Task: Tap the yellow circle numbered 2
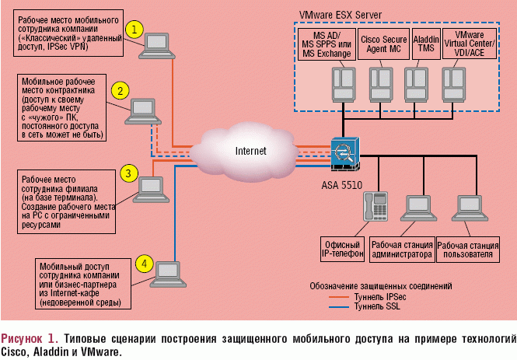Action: (120, 90)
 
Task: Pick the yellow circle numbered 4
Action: (143, 263)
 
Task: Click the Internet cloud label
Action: (251, 150)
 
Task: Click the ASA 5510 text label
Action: (341, 187)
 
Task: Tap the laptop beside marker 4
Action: (167, 272)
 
